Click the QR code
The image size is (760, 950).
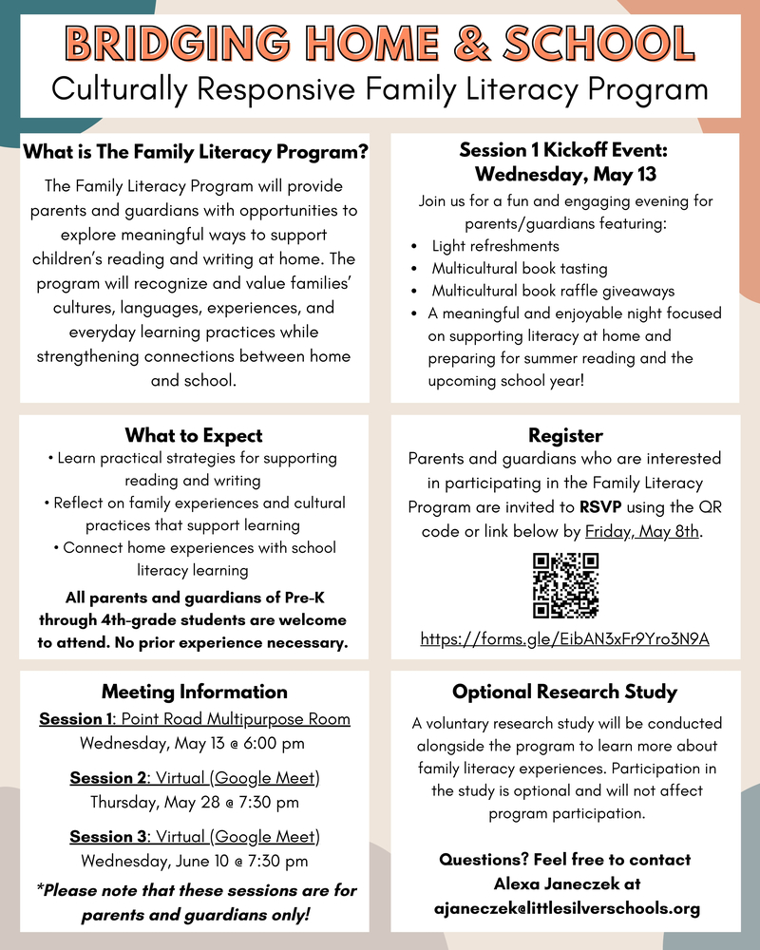pyautogui.click(x=565, y=586)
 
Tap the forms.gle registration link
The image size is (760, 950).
pyautogui.click(x=565, y=639)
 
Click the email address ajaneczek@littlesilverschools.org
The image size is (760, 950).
pyautogui.click(x=565, y=908)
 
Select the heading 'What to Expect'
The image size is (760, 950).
pyautogui.click(x=194, y=435)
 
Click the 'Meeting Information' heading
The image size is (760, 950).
pyautogui.click(x=194, y=692)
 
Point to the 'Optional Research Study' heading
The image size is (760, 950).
pyautogui.click(x=565, y=692)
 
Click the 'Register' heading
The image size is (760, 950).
pyautogui.click(x=565, y=435)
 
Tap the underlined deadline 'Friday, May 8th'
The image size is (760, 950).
pyautogui.click(x=642, y=531)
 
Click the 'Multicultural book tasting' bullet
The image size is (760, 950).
pyautogui.click(x=520, y=269)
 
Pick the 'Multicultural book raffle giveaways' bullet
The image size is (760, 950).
pyautogui.click(x=553, y=291)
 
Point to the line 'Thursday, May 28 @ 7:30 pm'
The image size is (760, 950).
pyautogui.click(x=194, y=803)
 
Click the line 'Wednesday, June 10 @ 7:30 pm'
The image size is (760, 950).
pyautogui.click(x=194, y=862)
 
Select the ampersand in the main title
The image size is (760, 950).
pyautogui.click(x=477, y=42)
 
